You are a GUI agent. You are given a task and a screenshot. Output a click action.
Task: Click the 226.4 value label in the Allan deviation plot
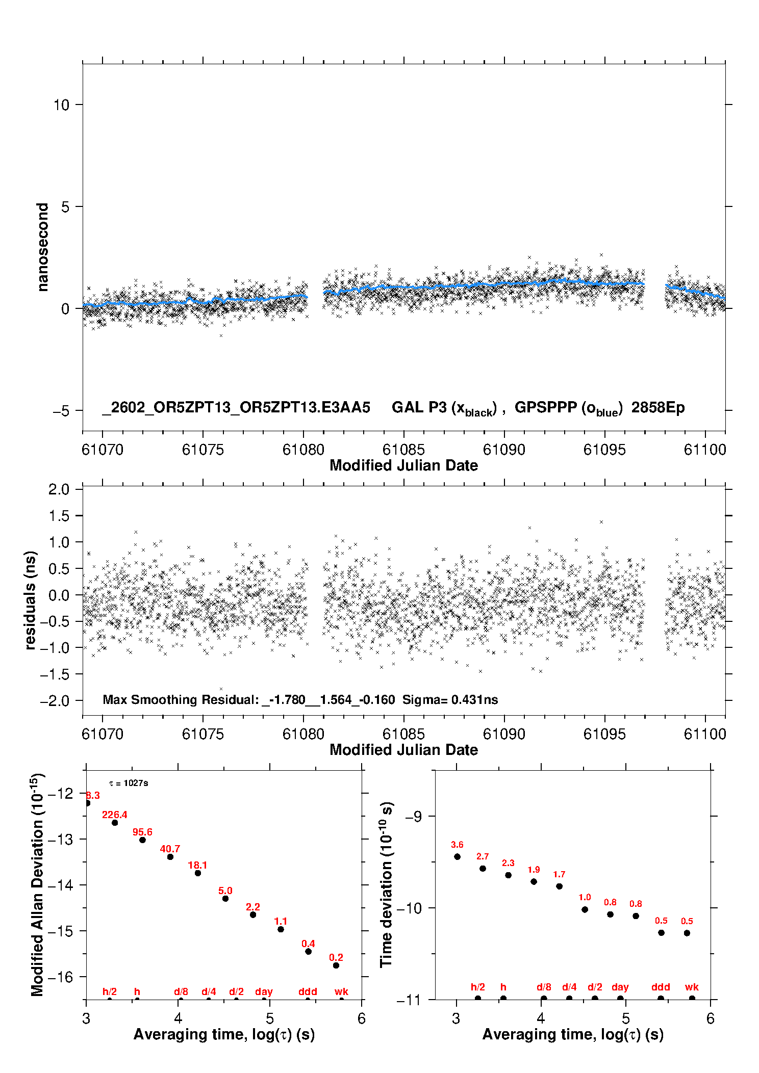point(114,815)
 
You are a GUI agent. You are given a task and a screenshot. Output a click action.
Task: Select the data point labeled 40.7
point(170,857)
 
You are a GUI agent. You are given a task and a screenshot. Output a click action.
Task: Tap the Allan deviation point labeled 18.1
point(198,873)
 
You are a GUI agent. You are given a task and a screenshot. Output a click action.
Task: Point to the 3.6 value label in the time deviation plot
point(457,845)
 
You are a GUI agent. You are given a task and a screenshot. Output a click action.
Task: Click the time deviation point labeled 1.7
point(559,886)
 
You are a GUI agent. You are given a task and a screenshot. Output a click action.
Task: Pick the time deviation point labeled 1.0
point(585,909)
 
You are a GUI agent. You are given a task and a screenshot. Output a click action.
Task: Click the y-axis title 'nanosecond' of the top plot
point(42,247)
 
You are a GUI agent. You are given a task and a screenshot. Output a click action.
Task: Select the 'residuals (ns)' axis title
point(30,600)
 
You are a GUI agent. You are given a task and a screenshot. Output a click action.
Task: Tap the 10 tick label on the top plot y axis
point(61,105)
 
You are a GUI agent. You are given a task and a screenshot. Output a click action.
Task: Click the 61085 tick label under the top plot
point(403,450)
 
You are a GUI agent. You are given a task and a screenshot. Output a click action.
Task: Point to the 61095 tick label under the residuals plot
point(604,734)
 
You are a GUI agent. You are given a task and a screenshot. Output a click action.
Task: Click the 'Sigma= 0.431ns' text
point(450,699)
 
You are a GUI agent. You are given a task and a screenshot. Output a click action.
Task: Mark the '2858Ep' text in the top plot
point(658,407)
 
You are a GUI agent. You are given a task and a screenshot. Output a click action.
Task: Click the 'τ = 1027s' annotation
point(129,783)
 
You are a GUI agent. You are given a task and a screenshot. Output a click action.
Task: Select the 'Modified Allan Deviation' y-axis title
point(37,884)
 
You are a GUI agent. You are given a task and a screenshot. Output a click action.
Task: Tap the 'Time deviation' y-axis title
point(386,884)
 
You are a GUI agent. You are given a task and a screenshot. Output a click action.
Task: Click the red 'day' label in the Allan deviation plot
point(264,991)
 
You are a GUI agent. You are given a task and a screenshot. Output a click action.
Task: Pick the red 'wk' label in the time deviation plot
point(692,987)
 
